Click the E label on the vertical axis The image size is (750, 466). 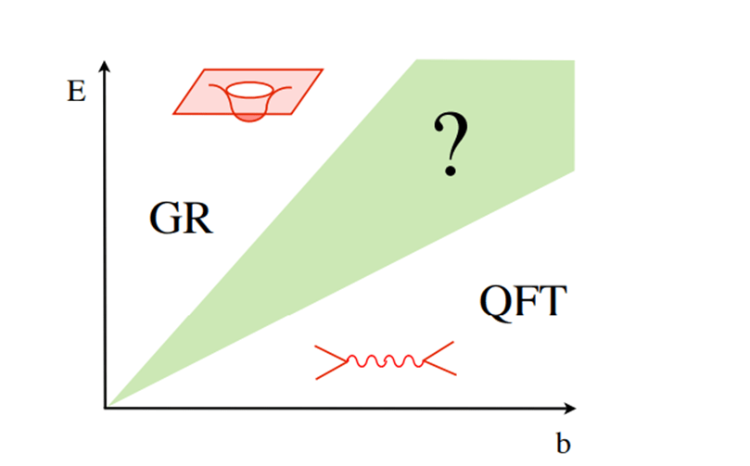(x=77, y=94)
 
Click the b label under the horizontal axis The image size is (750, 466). (x=564, y=444)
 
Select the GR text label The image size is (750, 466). (x=181, y=219)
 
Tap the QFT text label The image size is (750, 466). (x=521, y=301)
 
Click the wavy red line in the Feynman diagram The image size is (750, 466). (x=384, y=360)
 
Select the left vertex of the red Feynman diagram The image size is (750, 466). (x=344, y=360)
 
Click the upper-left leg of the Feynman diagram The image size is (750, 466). (x=330, y=353)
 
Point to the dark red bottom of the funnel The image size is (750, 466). (x=248, y=114)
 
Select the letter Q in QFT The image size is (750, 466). (x=495, y=301)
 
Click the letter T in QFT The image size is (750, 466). (x=549, y=301)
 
